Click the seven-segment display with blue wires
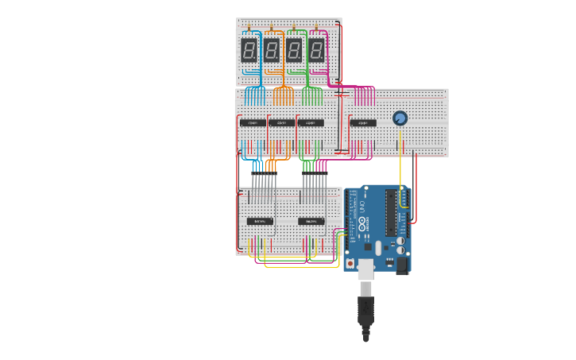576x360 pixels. click(x=249, y=51)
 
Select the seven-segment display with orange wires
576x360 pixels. click(x=271, y=51)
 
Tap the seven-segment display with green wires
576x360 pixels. click(x=293, y=51)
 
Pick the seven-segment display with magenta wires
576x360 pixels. click(x=315, y=51)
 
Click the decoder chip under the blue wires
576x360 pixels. click(x=253, y=122)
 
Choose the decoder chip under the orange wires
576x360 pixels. click(x=280, y=122)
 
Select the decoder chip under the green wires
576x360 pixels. click(x=310, y=122)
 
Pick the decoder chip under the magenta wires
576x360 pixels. click(x=362, y=122)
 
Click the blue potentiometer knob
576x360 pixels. click(x=400, y=118)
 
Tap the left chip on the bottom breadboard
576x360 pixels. click(x=260, y=221)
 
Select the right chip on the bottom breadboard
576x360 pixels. click(x=311, y=221)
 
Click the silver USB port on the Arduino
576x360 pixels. click(x=365, y=269)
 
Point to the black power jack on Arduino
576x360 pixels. click(x=402, y=265)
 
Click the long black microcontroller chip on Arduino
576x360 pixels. click(x=390, y=212)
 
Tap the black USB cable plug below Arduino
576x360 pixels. click(x=365, y=310)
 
